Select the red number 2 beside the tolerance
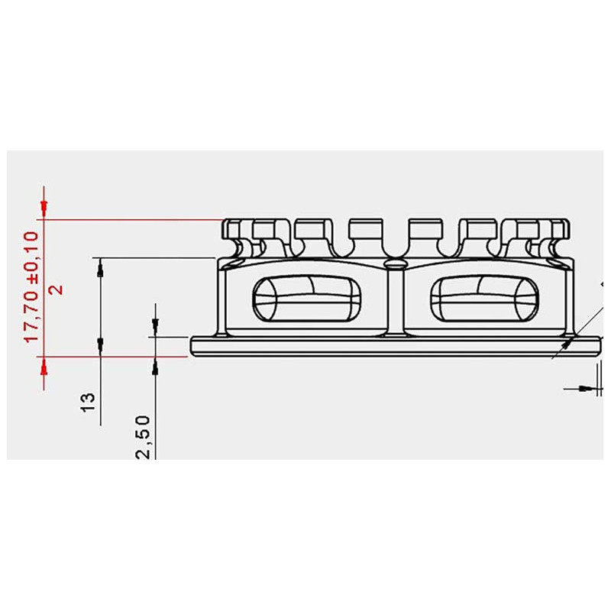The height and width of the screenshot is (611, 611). click(56, 289)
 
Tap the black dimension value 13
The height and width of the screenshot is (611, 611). click(88, 402)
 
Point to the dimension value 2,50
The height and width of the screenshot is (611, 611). click(143, 437)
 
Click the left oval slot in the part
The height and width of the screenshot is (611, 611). click(307, 299)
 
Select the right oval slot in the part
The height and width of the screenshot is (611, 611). click(485, 299)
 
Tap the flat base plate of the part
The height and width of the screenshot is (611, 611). click(395, 347)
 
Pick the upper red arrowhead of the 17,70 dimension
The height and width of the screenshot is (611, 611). click(44, 209)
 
